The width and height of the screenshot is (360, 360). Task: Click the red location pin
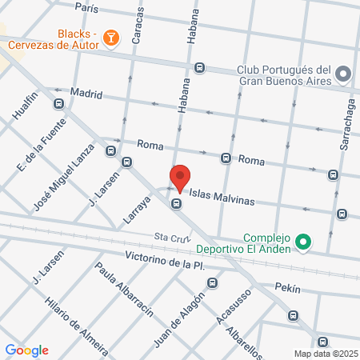(180, 178)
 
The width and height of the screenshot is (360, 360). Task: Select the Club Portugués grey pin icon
(343, 74)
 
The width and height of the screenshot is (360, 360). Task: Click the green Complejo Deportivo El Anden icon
(302, 240)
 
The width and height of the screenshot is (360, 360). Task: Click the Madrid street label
(86, 94)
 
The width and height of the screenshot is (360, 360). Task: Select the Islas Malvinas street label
(222, 200)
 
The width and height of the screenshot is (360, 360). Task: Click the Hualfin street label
(26, 106)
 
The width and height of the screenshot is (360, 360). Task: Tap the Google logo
(26, 350)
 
